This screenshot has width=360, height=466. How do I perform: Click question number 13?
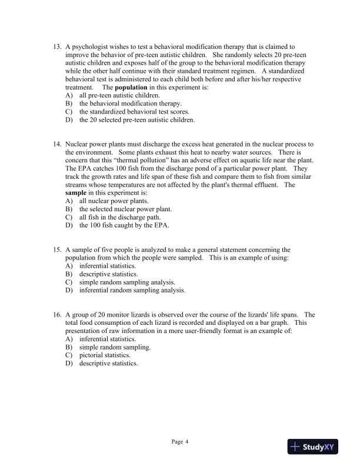point(57,46)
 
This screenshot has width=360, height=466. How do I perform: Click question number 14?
point(57,144)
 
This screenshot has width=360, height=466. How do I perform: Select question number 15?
point(57,250)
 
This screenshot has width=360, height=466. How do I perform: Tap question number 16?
point(57,315)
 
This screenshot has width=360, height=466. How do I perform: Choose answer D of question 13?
point(137,120)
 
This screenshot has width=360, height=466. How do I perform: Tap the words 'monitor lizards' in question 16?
point(129,315)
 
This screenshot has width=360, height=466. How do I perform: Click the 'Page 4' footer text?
point(179,441)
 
